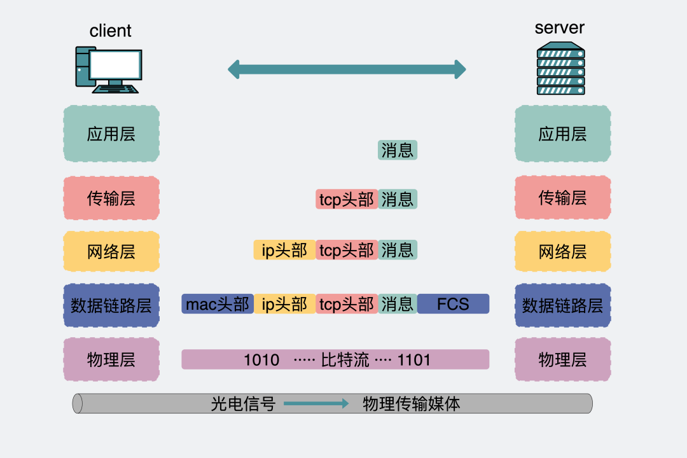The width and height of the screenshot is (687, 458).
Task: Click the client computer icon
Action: coord(108,69)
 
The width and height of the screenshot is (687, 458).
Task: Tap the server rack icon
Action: coord(560,69)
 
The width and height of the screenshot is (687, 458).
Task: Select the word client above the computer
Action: coord(111,31)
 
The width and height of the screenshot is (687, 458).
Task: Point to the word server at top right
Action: coord(559,28)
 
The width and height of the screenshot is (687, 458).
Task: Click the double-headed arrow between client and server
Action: coord(347,69)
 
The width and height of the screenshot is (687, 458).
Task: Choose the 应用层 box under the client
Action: coord(111,134)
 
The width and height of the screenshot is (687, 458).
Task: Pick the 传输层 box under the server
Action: coord(562,198)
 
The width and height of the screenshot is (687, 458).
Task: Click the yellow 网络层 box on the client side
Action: coord(111,252)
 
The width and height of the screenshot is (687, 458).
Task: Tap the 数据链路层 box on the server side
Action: coord(562,305)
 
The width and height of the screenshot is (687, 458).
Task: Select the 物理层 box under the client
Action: coord(111,359)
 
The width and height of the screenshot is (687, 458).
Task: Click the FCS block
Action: coord(453,304)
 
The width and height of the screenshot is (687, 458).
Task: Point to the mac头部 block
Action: coord(218,304)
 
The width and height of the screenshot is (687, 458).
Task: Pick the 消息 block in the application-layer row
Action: coord(398,150)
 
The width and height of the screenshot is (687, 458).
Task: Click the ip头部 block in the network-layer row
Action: coord(284,250)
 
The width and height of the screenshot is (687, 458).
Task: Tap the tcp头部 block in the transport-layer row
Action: coord(347,199)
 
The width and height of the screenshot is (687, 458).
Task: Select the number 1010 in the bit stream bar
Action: coord(261,360)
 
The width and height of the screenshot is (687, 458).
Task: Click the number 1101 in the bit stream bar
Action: coord(414,360)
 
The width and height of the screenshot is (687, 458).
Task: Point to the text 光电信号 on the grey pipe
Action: coord(243,403)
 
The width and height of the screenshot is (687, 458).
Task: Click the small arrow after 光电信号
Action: coord(316,403)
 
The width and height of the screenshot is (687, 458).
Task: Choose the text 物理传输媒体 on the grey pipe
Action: coord(411,403)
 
